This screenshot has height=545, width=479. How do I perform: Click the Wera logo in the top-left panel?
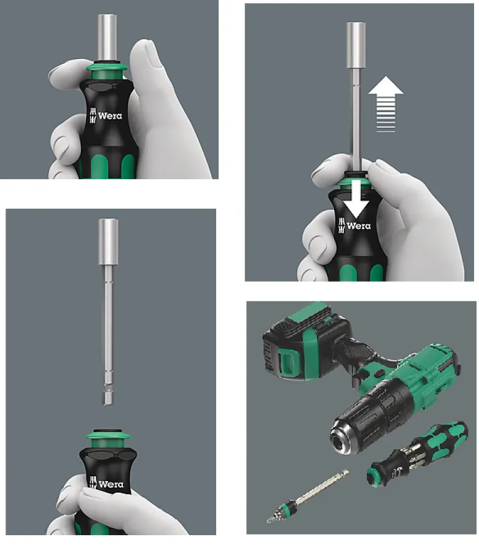tap(106, 116)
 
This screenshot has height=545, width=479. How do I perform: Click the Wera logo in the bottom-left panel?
tap(106, 484)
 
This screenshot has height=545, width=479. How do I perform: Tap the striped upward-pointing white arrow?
tap(386, 104)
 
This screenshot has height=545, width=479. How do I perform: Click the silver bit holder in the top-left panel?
tap(107, 38)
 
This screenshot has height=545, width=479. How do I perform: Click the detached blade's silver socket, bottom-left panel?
tap(108, 242)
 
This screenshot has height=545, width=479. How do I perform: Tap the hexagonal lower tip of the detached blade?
tap(108, 396)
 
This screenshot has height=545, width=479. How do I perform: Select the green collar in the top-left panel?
tap(106, 71)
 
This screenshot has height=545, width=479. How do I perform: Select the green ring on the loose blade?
tap(288, 505)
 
